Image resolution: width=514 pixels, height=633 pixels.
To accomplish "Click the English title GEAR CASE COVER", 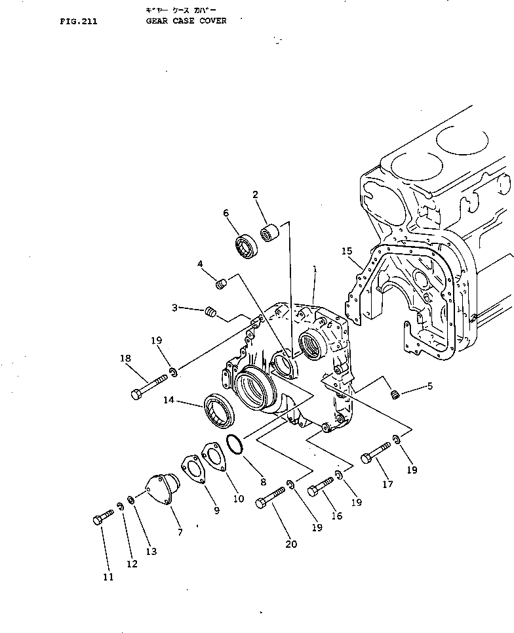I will pos(186,21).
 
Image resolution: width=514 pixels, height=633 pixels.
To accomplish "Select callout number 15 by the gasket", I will pos(347,251).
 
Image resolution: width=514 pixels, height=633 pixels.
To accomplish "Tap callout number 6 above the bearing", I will pos(226,213).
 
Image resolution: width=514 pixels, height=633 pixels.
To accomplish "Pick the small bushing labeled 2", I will pos(268,233).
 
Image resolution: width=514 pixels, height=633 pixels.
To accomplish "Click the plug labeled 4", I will pos(222,283).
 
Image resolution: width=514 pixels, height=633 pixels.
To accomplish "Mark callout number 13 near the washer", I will pos(151,552).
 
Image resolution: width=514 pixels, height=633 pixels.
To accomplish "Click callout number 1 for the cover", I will pos(315,269).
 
